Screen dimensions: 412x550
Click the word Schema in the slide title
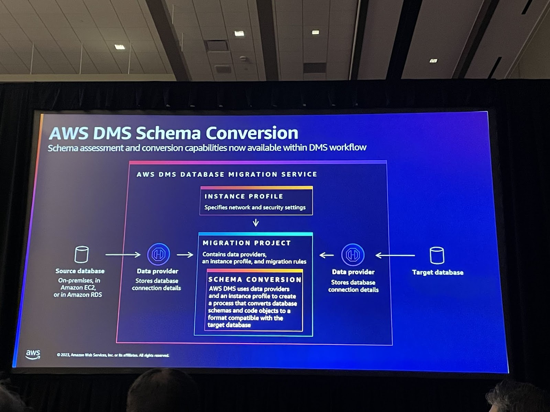[x=169, y=133]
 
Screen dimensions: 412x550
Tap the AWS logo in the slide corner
[x=33, y=354]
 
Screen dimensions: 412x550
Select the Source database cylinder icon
[x=81, y=254]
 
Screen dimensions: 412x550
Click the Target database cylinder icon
[x=437, y=255]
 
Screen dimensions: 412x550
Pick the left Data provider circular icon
[x=158, y=254]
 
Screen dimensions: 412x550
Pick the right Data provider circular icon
[x=353, y=255]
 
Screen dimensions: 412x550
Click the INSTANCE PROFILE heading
[x=244, y=196]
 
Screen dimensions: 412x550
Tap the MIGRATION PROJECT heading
[x=246, y=243]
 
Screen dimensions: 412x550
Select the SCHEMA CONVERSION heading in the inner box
[x=255, y=279]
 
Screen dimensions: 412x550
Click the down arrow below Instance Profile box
[x=256, y=223]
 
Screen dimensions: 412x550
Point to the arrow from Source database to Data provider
[x=123, y=254]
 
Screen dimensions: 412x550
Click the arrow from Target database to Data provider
[x=395, y=255]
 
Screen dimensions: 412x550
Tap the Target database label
[x=438, y=273]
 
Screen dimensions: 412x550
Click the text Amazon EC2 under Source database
[x=78, y=287]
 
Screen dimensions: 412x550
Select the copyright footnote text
[x=113, y=355]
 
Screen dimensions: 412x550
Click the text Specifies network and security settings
[x=255, y=207]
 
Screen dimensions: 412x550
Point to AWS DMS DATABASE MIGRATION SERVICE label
[x=227, y=174]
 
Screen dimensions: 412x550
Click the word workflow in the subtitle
[x=348, y=147]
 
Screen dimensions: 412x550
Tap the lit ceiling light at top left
[x=120, y=47]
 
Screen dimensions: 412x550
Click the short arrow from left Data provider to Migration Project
[x=185, y=255]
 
